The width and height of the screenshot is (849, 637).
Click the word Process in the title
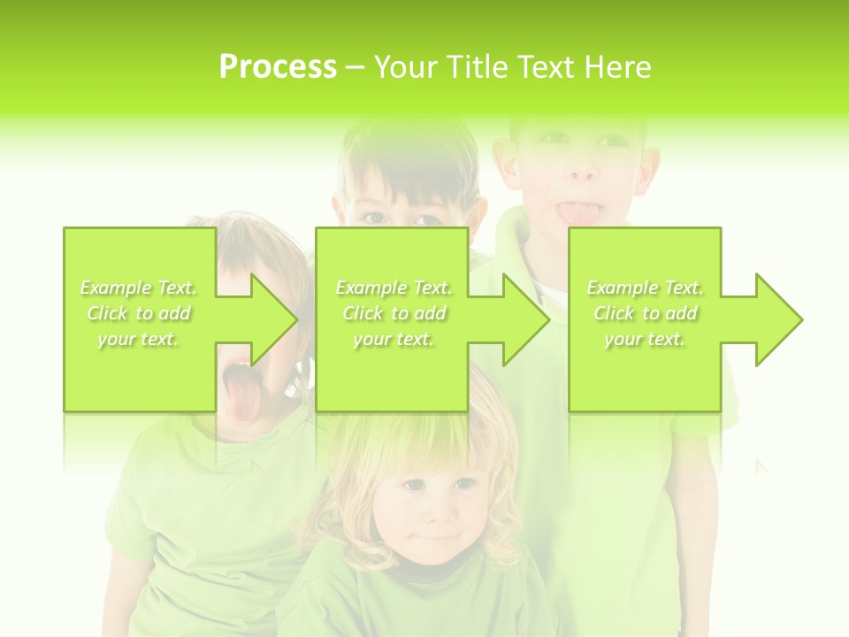click(278, 67)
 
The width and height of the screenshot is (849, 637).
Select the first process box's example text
click(139, 313)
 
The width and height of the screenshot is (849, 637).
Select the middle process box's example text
click(394, 313)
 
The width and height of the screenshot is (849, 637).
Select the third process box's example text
click(645, 313)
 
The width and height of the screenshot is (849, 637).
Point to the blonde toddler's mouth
click(440, 535)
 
